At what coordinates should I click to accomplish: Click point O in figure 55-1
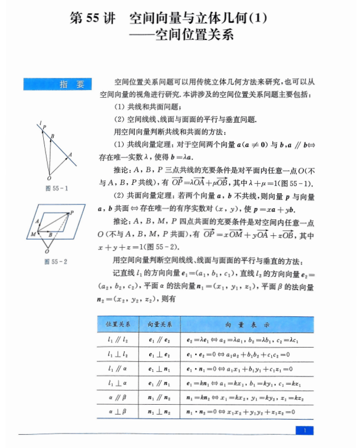[49, 178]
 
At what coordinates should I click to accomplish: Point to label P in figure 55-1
[44, 127]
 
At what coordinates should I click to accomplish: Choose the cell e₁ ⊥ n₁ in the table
[159, 368]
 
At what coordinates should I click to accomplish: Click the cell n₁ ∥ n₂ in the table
[159, 397]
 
